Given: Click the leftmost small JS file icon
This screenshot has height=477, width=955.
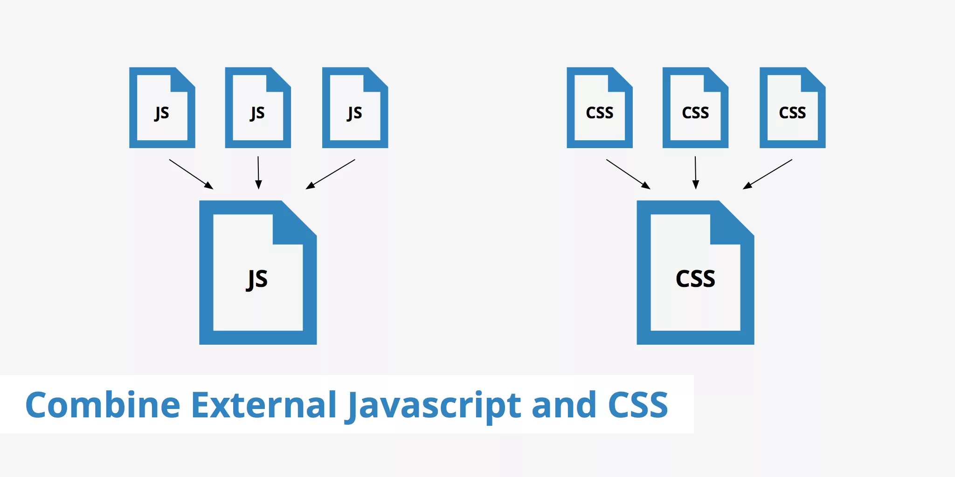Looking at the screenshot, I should [162, 108].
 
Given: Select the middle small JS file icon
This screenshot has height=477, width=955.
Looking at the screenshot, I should [258, 108].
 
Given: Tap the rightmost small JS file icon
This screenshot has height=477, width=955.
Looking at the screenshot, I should [355, 108].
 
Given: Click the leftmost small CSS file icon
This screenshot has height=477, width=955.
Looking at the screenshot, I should [599, 108].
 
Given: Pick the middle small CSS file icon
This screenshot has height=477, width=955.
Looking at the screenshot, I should [695, 108].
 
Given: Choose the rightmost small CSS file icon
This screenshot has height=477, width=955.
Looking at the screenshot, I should [792, 108].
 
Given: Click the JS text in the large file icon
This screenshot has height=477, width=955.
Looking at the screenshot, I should [257, 279].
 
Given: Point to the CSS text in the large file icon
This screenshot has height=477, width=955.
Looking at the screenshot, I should [695, 279].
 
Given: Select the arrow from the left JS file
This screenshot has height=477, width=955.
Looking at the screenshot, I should [191, 174].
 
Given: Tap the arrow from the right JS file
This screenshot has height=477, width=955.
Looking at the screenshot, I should [330, 174].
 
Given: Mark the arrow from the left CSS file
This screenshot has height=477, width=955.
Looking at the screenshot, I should [628, 174].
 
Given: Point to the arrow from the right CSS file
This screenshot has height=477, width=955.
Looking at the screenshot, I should [768, 174].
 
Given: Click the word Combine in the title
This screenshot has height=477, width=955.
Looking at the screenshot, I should [103, 404].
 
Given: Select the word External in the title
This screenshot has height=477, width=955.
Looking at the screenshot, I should [264, 404].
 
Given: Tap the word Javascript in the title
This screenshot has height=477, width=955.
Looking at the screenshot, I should [434, 405].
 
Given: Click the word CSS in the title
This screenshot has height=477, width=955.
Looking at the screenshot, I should [638, 404].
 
